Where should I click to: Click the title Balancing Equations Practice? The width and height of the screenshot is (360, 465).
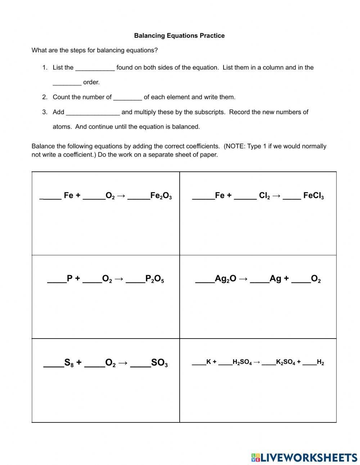click(179, 36)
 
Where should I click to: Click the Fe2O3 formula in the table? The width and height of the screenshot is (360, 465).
click(161, 196)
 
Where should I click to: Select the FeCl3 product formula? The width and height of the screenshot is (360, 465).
click(313, 196)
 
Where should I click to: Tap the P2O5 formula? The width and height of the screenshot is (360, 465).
click(154, 279)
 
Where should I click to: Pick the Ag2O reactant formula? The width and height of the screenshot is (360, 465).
click(225, 279)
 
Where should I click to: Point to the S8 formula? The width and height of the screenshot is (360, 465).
click(69, 363)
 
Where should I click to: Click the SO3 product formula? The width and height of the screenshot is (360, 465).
click(159, 363)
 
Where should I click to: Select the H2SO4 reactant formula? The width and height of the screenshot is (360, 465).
click(242, 362)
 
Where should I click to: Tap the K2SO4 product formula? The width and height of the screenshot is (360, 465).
click(285, 362)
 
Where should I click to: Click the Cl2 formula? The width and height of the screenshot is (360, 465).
click(264, 196)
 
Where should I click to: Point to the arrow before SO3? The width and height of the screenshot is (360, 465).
click(123, 363)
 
